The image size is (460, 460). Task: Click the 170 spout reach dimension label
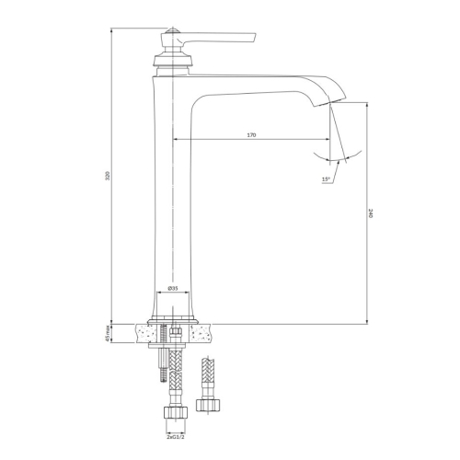[251, 135]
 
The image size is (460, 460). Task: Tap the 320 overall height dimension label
[108, 176]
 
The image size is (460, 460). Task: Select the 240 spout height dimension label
[371, 213]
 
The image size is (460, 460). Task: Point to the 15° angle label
[326, 179]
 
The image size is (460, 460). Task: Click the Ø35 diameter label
[173, 288]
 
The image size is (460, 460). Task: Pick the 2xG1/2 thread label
[176, 436]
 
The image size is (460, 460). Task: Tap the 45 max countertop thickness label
[108, 333]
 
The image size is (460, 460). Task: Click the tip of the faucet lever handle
[255, 36]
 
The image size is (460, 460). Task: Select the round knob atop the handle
[172, 31]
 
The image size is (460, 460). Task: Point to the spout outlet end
[330, 102]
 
